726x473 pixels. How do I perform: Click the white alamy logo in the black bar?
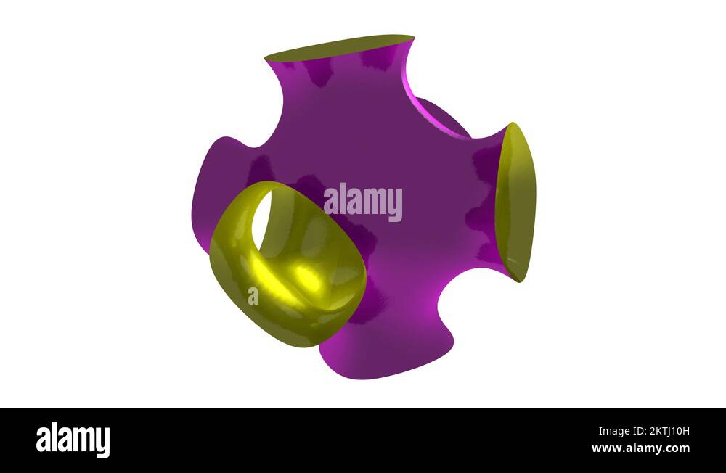(x=73, y=440)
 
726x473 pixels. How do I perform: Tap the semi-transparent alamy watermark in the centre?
(x=362, y=202)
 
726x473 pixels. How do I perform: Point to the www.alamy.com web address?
(x=641, y=448)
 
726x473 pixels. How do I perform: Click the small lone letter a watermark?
(x=253, y=296)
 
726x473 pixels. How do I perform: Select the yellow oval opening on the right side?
(x=515, y=202)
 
